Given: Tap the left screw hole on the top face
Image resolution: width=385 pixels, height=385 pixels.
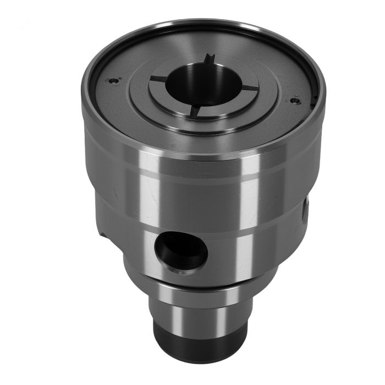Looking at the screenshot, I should click(x=114, y=80).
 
